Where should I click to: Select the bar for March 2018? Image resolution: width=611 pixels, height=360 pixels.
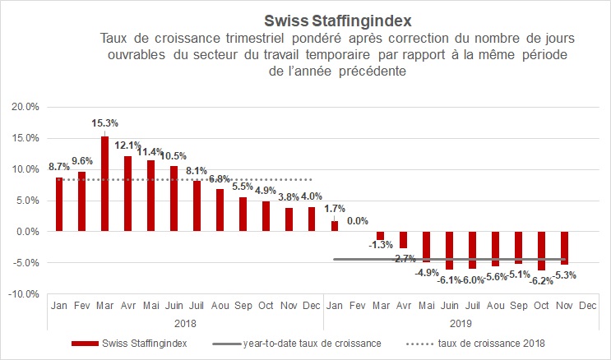click(x=104, y=183)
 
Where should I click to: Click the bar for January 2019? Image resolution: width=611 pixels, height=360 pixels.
click(x=334, y=226)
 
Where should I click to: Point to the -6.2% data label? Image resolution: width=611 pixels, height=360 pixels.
click(x=541, y=279)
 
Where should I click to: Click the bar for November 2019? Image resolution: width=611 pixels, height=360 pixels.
click(x=564, y=247)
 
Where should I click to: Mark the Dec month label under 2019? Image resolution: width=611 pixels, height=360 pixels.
click(x=587, y=306)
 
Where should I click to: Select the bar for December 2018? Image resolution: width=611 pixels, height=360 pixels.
click(x=311, y=219)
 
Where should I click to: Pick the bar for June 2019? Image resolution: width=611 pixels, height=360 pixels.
click(x=449, y=250)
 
